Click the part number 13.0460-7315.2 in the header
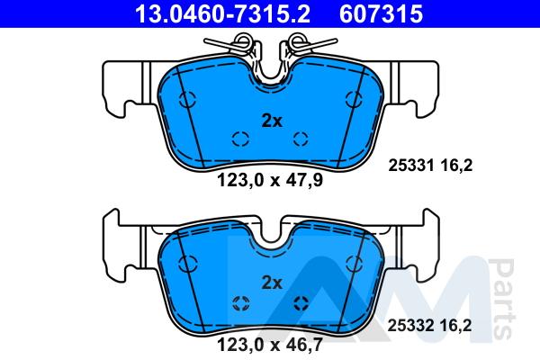[x=222, y=13]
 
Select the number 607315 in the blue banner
[x=381, y=13]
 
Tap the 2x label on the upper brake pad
[x=272, y=121]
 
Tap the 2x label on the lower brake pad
[x=272, y=283]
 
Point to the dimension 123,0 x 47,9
[x=270, y=180]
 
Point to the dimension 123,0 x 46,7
[x=270, y=345]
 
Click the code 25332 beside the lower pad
[x=410, y=326]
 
